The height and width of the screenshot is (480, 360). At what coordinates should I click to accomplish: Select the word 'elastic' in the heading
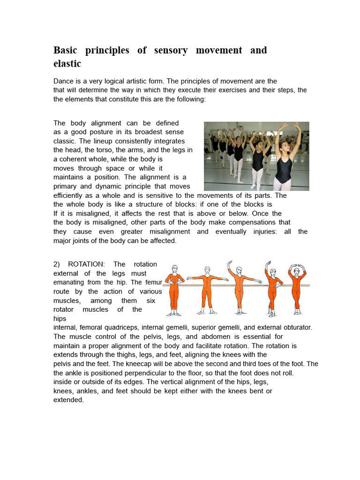[67, 63]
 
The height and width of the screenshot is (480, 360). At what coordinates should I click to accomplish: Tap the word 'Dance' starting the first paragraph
[64, 81]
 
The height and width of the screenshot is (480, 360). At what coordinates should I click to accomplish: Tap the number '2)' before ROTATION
[58, 264]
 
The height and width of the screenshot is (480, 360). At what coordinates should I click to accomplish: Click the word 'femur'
[154, 282]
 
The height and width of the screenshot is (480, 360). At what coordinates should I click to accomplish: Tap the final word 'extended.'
[68, 400]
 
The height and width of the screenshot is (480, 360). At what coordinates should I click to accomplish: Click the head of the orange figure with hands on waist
[174, 269]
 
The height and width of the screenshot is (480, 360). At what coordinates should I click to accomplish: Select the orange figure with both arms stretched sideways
[207, 289]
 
